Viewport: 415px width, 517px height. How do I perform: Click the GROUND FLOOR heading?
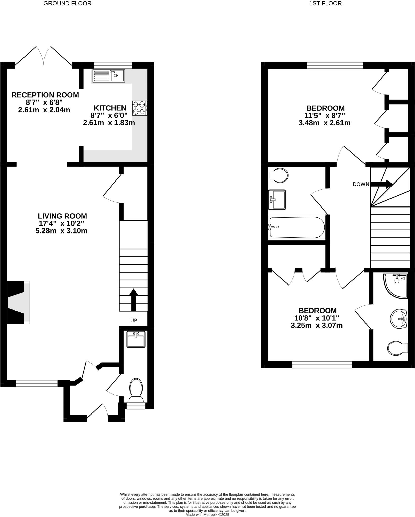pyautogui.click(x=67, y=3)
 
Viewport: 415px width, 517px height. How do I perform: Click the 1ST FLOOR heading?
pyautogui.click(x=325, y=3)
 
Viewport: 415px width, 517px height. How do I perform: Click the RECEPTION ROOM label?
pyautogui.click(x=45, y=95)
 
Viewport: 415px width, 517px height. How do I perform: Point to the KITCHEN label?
pyautogui.click(x=110, y=108)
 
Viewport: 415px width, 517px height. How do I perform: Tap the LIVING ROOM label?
pyautogui.click(x=62, y=216)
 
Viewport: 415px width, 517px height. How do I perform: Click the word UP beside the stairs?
pyautogui.click(x=134, y=320)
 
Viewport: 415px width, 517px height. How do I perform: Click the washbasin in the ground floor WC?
pyautogui.click(x=136, y=339)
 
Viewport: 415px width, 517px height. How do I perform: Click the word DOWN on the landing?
pyautogui.click(x=361, y=184)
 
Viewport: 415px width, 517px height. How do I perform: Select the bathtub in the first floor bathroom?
pyautogui.click(x=297, y=227)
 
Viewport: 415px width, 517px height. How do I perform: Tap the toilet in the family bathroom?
pyautogui.click(x=278, y=175)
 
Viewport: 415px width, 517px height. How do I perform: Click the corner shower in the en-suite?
pyautogui.click(x=395, y=285)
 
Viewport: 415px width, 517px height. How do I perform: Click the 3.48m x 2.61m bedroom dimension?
pyautogui.click(x=324, y=123)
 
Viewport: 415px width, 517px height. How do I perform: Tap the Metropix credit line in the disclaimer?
pyautogui.click(x=207, y=514)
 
